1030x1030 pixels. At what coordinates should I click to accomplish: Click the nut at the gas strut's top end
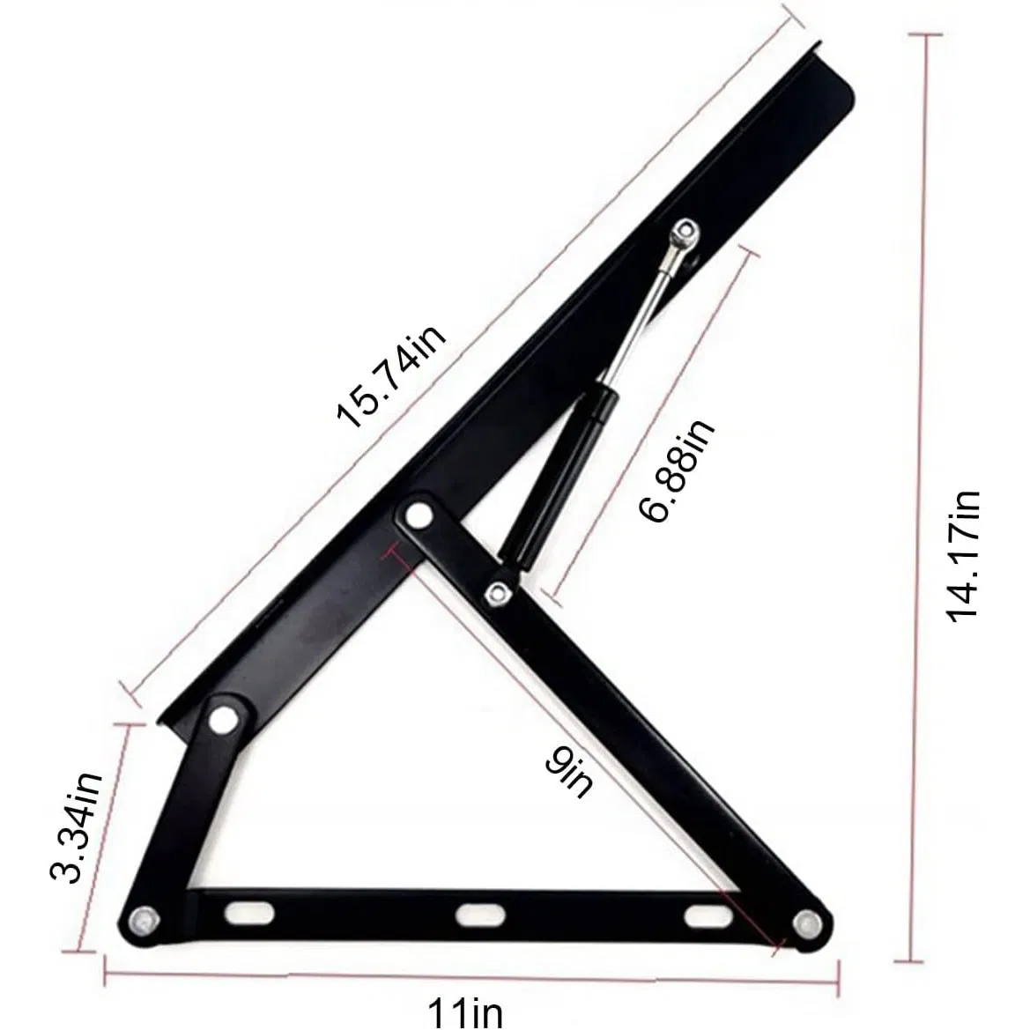tap(683, 233)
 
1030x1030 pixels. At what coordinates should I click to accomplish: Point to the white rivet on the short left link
tap(225, 718)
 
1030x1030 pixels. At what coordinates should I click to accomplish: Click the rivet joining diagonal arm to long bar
tap(418, 514)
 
